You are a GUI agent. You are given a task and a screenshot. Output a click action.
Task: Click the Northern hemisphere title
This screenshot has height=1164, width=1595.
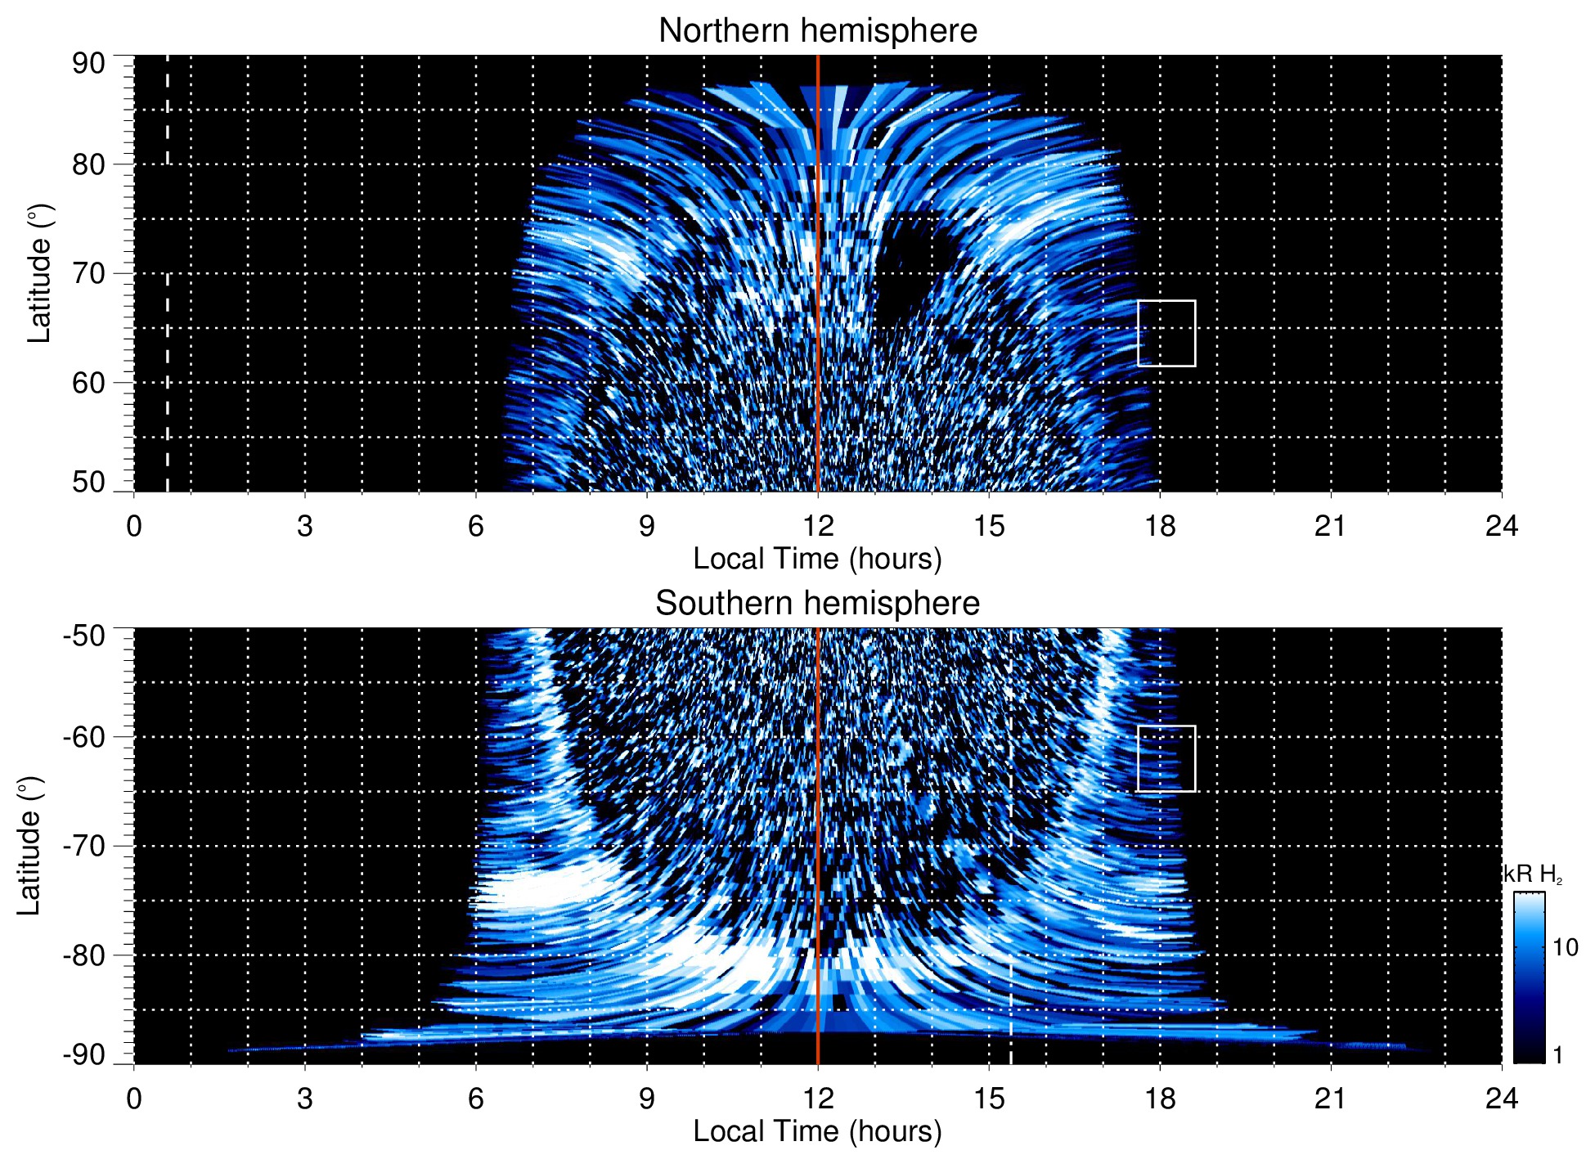[817, 31]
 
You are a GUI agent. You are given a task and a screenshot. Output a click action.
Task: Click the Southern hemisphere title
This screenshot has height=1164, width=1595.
[817, 604]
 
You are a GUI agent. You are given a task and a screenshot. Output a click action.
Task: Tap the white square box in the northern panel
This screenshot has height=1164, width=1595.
[1166, 333]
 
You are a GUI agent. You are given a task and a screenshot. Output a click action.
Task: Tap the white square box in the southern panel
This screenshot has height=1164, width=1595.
[1166, 758]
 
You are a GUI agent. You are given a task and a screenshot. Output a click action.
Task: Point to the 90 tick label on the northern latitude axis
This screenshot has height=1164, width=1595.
[88, 64]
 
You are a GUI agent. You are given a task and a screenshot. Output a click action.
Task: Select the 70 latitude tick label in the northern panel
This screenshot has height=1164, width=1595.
[88, 273]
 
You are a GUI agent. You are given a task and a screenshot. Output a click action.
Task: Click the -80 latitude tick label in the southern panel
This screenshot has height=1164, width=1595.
[84, 955]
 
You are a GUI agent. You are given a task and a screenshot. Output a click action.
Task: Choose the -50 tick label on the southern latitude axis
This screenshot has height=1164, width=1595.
[84, 636]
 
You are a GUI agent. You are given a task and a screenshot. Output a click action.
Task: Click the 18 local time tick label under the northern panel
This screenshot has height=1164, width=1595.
[1160, 526]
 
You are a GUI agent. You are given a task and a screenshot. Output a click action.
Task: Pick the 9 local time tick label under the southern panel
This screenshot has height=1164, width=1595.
[647, 1099]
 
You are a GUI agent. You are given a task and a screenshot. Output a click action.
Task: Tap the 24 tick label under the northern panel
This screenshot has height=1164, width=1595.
[1501, 526]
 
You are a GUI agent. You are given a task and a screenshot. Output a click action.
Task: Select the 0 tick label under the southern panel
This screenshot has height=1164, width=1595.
[134, 1099]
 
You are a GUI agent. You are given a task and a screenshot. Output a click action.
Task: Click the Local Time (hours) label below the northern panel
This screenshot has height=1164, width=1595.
[817, 559]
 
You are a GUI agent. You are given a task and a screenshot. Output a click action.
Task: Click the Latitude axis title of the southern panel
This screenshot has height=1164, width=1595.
[29, 846]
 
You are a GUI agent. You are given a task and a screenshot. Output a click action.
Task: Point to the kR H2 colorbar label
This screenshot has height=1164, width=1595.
[1533, 875]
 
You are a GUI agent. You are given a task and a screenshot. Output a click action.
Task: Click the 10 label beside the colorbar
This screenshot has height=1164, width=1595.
[1565, 948]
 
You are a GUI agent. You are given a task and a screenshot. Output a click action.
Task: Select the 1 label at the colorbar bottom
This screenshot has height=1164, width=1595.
[1557, 1055]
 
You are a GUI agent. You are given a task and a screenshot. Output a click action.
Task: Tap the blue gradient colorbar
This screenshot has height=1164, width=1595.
[1528, 977]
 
